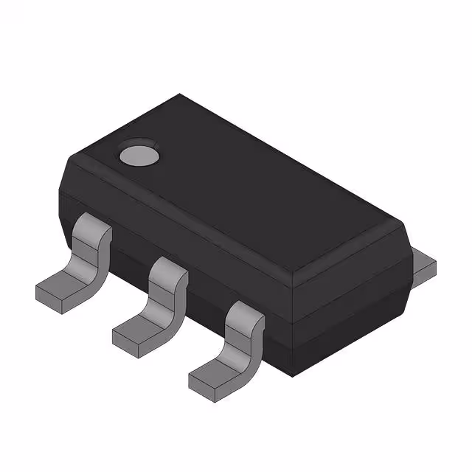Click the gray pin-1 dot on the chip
click(x=139, y=154)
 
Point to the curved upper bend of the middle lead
click(x=169, y=274)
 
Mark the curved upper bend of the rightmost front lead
click(x=245, y=317)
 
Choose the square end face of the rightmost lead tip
click(x=201, y=382)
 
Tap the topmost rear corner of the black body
click(x=179, y=94)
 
